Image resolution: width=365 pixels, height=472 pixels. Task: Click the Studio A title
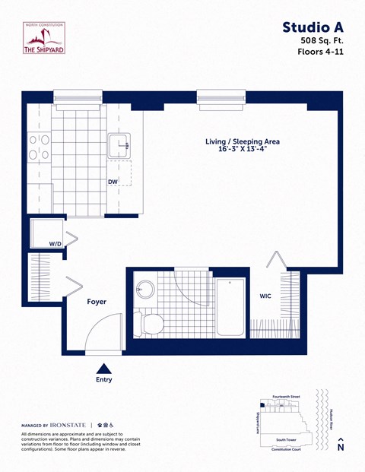point(312,28)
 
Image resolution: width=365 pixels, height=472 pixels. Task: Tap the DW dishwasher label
point(112,182)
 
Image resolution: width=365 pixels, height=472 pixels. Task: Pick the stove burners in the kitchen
point(40,147)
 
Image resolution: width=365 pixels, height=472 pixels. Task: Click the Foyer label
point(96,302)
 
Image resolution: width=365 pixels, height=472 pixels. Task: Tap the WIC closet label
point(266,296)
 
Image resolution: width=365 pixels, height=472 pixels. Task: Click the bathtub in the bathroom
point(230,306)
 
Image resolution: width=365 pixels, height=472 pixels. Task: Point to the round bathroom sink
point(146,290)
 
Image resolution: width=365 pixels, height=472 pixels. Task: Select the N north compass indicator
point(340,447)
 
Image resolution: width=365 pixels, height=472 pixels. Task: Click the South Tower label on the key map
point(286,439)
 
